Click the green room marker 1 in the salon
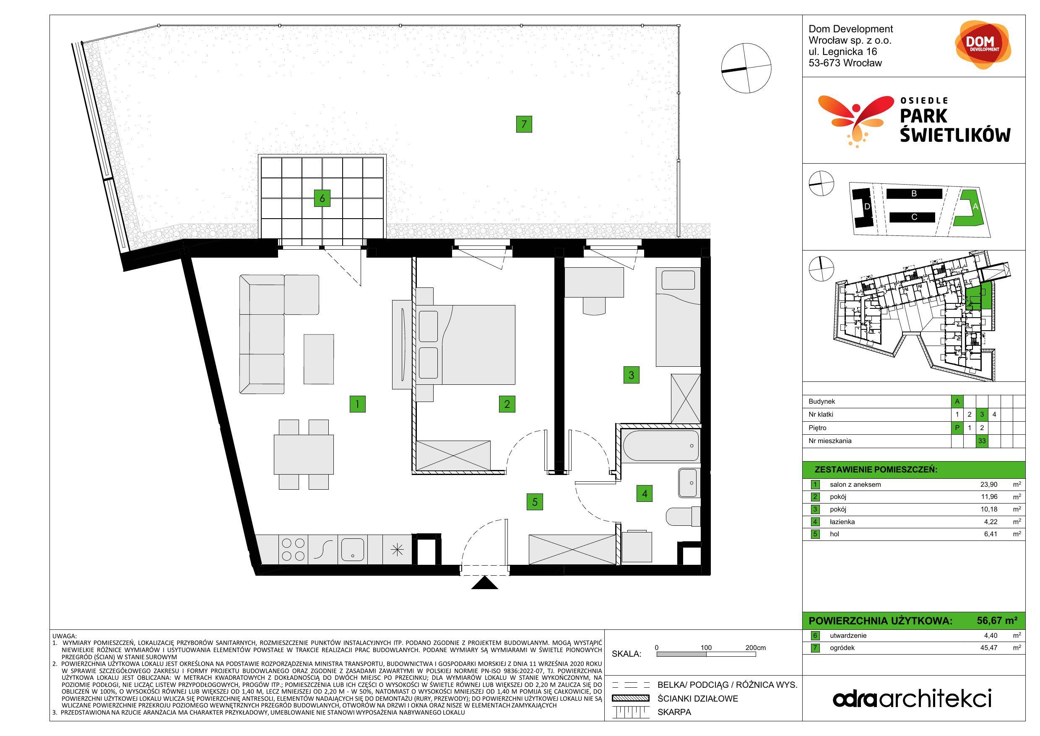(x=357, y=404)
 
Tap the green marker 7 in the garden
(x=524, y=124)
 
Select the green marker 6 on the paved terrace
(x=322, y=198)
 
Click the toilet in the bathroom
(x=683, y=516)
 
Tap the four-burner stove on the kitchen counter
(x=293, y=549)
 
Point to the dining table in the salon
(x=304, y=454)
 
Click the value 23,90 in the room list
(x=989, y=485)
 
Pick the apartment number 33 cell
(x=982, y=441)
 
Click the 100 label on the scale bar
(x=706, y=647)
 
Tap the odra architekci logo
(x=912, y=698)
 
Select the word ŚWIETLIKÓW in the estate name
(x=955, y=135)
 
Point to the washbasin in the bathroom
(x=689, y=483)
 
